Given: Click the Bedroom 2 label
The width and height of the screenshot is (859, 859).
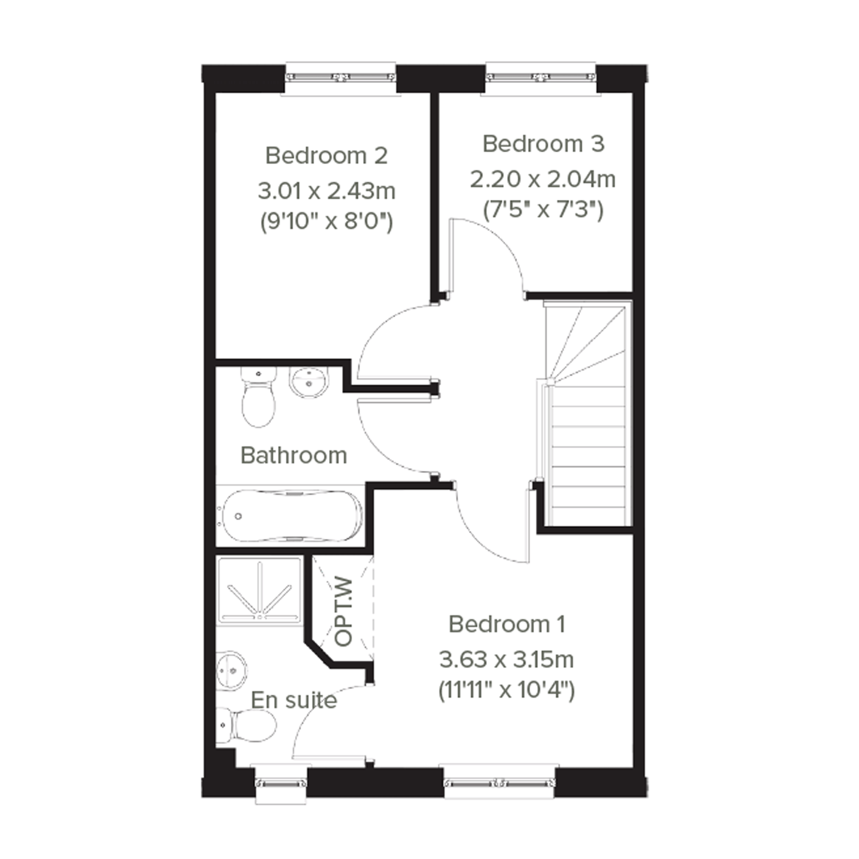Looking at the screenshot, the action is pos(326,156).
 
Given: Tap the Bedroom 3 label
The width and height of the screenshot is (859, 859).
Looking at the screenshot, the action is pos(543,144).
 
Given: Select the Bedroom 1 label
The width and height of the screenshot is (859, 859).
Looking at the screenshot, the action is pos(507,624).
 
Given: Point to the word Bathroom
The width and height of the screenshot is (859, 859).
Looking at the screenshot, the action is pos(294,455).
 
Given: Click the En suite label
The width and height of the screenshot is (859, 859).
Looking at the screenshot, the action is pos(294,700).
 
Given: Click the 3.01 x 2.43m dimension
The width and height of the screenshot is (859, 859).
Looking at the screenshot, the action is pos(326,191).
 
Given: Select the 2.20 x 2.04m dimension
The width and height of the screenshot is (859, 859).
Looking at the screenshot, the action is pos(543,179).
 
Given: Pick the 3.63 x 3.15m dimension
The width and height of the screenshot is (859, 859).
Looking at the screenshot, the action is pos(506,659).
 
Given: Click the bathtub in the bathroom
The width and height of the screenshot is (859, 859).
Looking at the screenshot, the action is pos(291,516).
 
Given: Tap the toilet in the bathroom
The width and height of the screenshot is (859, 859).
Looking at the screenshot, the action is pos(258,397).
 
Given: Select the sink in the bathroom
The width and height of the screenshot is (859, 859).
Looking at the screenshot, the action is pos(310,382).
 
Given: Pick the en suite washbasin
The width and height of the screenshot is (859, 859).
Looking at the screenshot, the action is pos(231,671).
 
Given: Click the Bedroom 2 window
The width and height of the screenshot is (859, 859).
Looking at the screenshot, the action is pos(341,78).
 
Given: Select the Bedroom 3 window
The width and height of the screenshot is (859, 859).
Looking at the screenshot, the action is pos(541,78).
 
